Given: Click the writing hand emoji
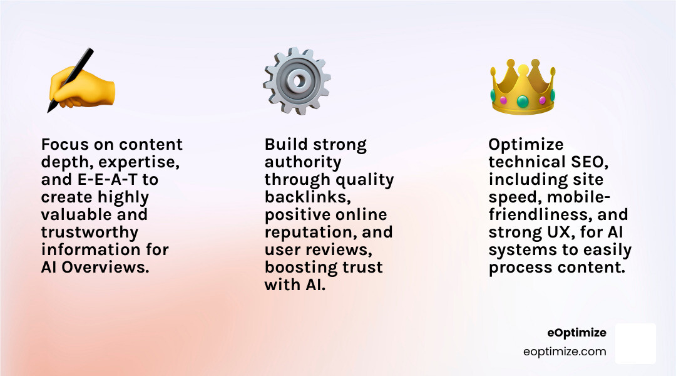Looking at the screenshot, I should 82,82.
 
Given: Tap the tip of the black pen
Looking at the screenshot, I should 49,110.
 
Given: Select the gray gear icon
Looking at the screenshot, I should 296,81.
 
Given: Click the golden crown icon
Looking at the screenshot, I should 523,87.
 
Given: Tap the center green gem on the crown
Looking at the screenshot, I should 523,100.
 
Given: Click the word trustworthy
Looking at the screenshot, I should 90,232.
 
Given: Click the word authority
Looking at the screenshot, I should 303,162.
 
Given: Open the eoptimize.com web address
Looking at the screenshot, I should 565,352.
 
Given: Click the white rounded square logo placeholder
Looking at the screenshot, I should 635,343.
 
